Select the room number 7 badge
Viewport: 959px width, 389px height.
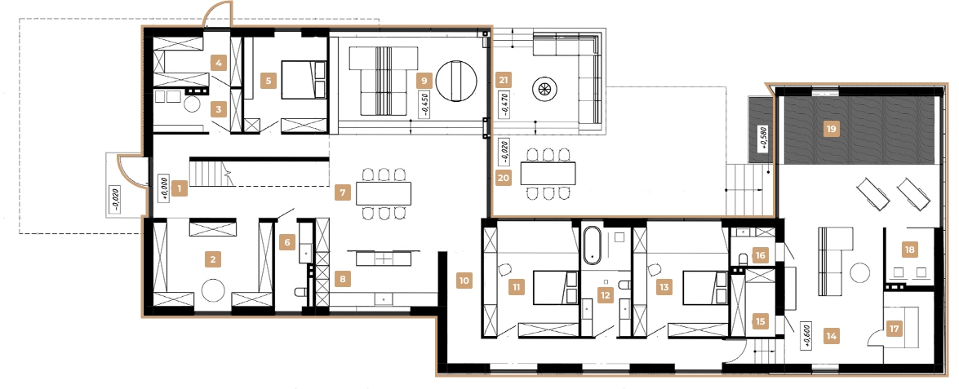coord(344,193)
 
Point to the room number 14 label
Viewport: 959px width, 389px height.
coord(832,334)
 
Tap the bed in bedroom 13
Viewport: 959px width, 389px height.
coord(703,287)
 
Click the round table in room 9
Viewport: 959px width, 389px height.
coord(456,82)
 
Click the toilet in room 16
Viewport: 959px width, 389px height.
coord(743,260)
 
